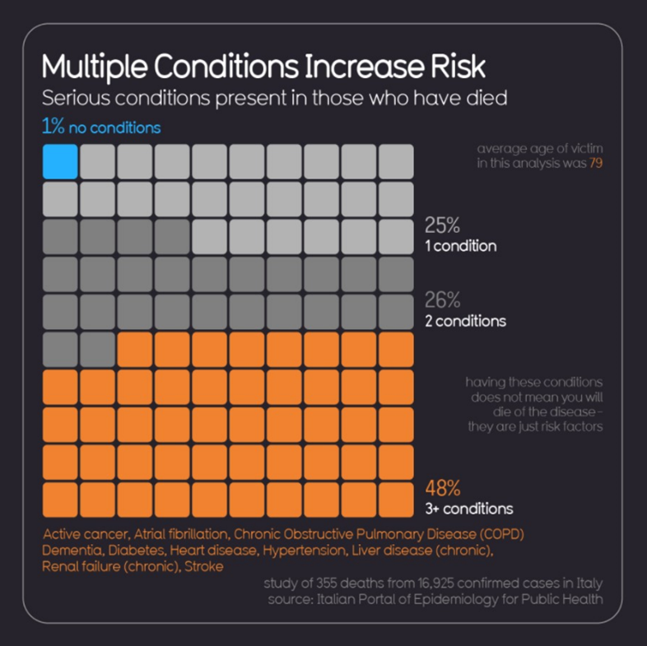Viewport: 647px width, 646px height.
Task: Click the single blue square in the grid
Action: point(60,161)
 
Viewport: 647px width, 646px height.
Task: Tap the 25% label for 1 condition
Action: point(442,225)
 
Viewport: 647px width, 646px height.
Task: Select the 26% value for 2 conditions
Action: point(442,300)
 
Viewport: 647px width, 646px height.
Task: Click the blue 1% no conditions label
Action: point(101,128)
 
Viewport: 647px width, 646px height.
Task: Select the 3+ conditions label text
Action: point(468,508)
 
